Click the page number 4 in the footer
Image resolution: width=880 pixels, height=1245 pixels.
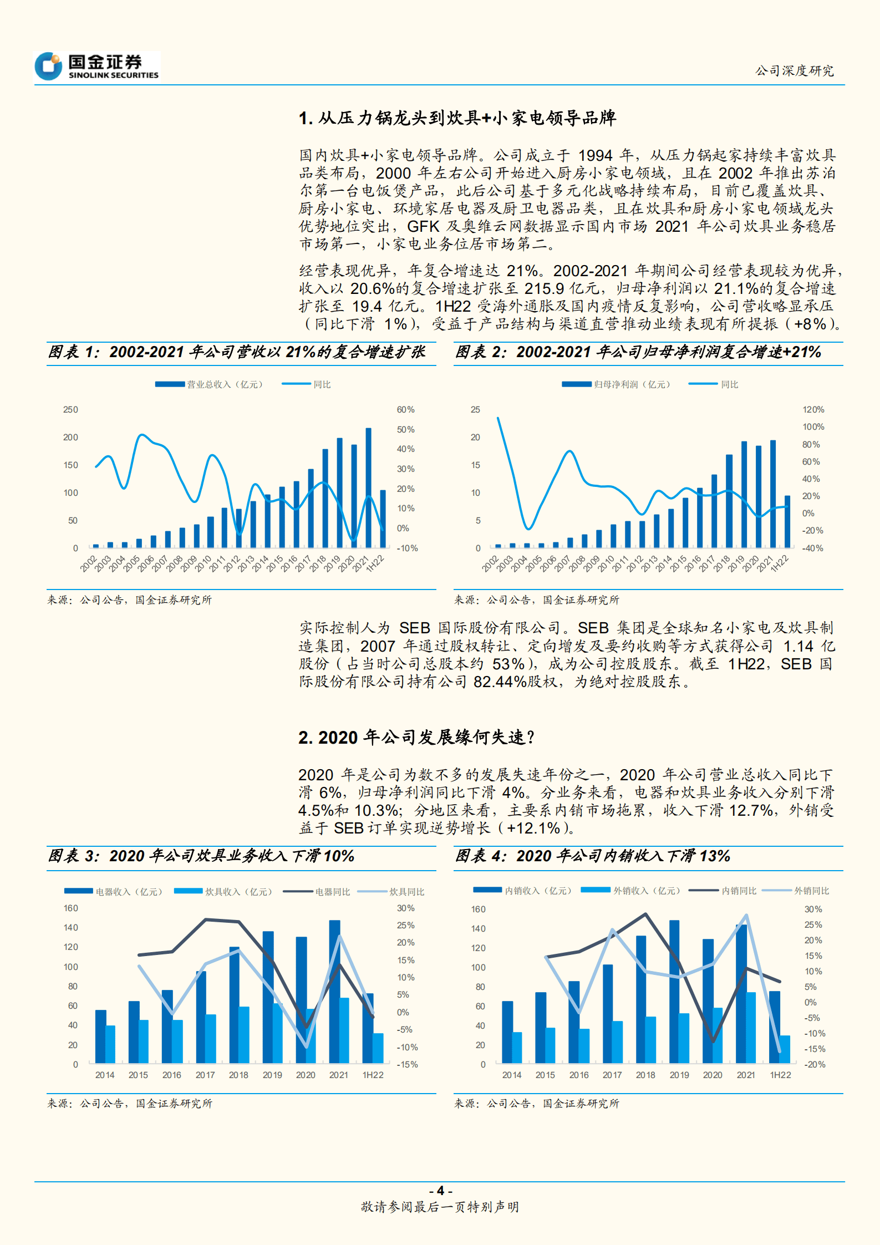tap(441, 1191)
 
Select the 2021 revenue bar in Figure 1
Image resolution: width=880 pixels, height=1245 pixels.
tap(368, 488)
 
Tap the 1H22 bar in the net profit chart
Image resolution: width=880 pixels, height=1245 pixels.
tap(787, 521)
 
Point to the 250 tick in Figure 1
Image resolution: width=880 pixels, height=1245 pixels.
tap(70, 410)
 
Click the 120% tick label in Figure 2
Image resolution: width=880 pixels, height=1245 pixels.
tap(813, 410)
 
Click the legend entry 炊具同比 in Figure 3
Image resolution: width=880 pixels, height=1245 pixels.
tap(406, 892)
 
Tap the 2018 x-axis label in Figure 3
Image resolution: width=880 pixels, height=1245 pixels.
tap(238, 1075)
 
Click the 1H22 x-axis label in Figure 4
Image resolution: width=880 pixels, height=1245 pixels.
tap(780, 1075)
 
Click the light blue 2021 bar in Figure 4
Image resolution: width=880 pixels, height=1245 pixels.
tap(751, 1028)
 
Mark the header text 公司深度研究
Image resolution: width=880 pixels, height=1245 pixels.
tap(794, 71)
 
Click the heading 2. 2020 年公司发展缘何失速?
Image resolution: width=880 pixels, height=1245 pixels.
tap(416, 738)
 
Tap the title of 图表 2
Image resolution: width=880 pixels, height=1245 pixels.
tap(638, 352)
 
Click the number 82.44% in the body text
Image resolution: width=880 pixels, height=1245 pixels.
tap(500, 682)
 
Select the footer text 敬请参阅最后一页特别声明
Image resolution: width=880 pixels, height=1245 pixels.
tap(440, 1207)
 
